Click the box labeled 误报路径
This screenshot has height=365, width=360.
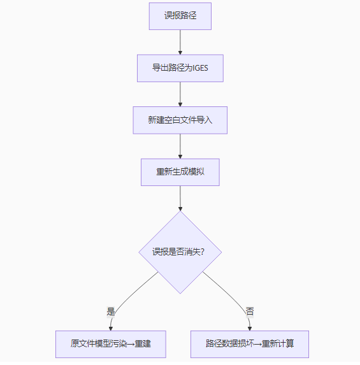click(180, 16)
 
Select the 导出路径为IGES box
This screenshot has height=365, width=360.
click(180, 68)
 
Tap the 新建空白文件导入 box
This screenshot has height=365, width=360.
click(180, 120)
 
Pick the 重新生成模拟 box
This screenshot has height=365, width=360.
click(180, 172)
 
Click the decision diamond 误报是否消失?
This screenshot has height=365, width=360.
click(180, 252)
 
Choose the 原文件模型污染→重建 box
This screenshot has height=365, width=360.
click(111, 344)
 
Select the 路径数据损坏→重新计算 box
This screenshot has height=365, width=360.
click(250, 344)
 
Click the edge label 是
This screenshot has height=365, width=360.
click(111, 311)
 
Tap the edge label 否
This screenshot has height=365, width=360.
click(250, 311)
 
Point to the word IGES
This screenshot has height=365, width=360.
click(200, 68)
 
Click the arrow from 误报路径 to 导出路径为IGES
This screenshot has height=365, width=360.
click(180, 42)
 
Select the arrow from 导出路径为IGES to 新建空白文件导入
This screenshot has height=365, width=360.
click(180, 94)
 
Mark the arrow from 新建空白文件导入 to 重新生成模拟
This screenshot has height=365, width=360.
click(180, 146)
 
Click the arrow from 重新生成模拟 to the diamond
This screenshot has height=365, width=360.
click(180, 198)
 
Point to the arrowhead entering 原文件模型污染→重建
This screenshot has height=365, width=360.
click(111, 329)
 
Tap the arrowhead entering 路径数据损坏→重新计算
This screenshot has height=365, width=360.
click(250, 329)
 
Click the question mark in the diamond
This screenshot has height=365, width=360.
click(202, 252)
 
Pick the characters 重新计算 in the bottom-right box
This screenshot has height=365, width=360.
click(278, 344)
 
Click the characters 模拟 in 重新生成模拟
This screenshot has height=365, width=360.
click(196, 172)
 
